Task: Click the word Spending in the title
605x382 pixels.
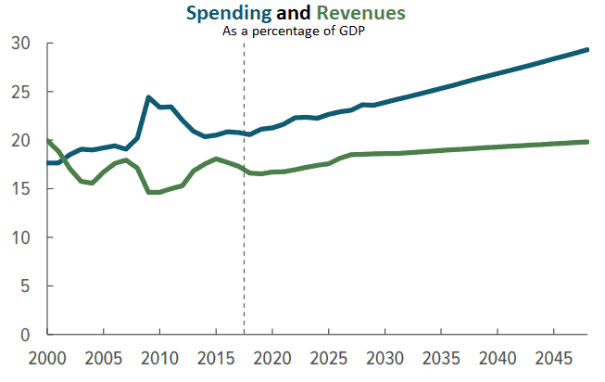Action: [x=228, y=14]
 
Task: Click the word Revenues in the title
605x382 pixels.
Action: [x=360, y=14]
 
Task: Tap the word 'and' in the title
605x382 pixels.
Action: [x=295, y=14]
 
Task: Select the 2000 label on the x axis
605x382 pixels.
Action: [x=47, y=358]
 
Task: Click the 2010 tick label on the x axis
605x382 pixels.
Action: [x=159, y=358]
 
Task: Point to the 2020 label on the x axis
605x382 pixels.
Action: [x=272, y=358]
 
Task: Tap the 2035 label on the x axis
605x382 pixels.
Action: [x=441, y=358]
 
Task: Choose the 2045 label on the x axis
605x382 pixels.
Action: [x=553, y=358]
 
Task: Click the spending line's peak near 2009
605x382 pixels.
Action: [x=148, y=97]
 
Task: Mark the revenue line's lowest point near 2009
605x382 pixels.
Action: [x=151, y=192]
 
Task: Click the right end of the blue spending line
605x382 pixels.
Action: [x=587, y=50]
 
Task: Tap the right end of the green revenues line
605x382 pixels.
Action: [x=587, y=142]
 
